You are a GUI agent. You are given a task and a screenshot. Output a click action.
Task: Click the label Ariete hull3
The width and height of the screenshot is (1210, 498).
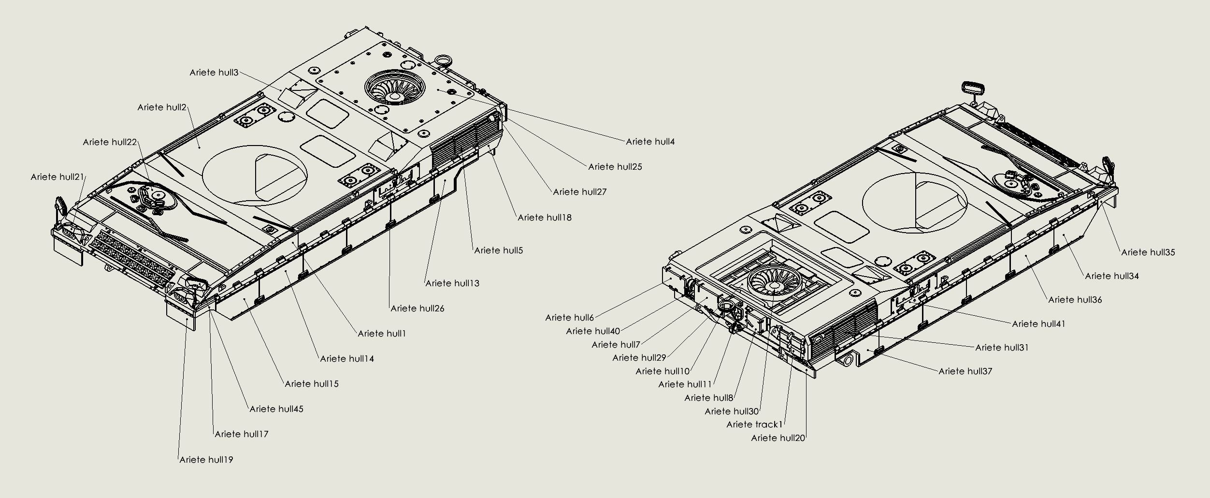click(214, 73)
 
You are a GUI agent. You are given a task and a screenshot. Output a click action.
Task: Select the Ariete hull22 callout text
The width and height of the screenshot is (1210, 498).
click(110, 142)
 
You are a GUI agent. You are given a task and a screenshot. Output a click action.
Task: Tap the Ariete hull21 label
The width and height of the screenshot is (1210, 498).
click(58, 177)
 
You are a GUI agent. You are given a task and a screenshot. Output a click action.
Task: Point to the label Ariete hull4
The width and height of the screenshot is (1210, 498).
click(650, 142)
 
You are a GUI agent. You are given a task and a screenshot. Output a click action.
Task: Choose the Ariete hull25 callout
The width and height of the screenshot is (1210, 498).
click(615, 167)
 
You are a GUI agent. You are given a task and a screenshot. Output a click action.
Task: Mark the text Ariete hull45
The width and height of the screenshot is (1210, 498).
click(276, 409)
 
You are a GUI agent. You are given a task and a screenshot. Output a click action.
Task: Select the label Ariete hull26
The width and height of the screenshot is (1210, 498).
click(417, 308)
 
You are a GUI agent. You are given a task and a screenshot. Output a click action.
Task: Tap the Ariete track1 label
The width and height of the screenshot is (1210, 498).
click(754, 425)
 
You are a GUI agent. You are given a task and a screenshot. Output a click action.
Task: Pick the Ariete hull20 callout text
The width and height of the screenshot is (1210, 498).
click(778, 438)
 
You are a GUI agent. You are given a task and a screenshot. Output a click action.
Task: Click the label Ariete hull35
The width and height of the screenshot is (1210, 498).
click(1148, 252)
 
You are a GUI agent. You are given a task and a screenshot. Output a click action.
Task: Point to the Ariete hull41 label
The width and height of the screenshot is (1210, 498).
click(1038, 324)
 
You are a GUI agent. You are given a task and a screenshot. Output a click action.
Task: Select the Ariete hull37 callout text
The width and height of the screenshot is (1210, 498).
click(965, 371)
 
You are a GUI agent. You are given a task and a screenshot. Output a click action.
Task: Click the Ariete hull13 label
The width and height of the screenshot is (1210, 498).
click(452, 283)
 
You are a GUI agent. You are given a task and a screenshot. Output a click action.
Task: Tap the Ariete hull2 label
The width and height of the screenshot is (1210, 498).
click(161, 107)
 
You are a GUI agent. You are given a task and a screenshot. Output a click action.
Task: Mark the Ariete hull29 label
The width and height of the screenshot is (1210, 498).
click(639, 358)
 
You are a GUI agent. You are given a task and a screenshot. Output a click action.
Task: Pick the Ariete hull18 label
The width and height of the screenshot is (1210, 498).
click(544, 218)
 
